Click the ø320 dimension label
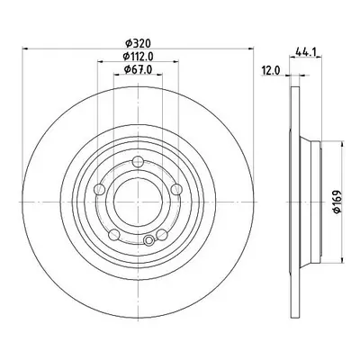(x=138, y=44)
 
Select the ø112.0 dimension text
(x=138, y=57)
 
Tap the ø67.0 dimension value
(x=138, y=69)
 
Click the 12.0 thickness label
(x=271, y=71)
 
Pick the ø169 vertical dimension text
(x=337, y=202)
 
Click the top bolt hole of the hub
(x=138, y=162)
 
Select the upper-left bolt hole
(x=99, y=190)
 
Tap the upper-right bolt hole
(x=176, y=190)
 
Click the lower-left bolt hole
(x=114, y=235)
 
